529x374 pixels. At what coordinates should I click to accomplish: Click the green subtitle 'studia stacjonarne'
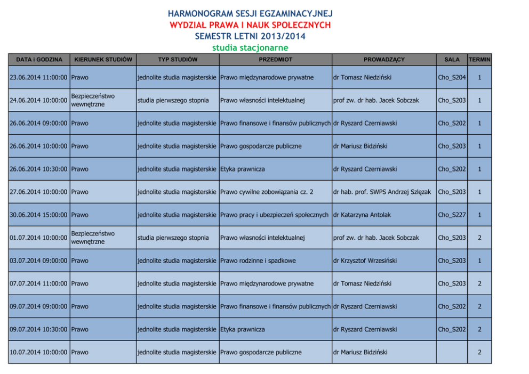coord(250,48)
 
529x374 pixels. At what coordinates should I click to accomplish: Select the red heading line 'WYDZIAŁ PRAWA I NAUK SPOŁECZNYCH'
coord(250,25)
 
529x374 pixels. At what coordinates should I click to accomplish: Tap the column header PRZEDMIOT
coord(275,60)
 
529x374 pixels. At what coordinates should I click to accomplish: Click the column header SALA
coord(452,60)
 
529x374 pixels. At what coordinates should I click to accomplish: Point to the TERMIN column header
coord(479,60)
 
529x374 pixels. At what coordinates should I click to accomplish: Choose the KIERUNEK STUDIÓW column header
coord(103,60)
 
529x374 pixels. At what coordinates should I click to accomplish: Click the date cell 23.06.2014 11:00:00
coord(39,78)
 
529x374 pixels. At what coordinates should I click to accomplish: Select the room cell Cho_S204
coord(452,78)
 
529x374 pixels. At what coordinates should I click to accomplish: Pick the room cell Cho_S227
coord(452,215)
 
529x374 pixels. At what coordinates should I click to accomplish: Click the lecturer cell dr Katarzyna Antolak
coord(362,215)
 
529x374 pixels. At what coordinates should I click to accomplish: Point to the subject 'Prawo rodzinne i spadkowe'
coord(258,261)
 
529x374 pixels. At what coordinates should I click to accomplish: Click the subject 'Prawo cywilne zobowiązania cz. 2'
coord(267,192)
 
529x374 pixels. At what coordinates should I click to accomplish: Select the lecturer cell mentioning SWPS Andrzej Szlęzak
coord(382,192)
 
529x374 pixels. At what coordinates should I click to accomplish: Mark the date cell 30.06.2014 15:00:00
coord(39,215)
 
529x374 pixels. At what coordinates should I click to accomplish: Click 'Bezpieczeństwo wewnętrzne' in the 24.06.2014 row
coord(93,100)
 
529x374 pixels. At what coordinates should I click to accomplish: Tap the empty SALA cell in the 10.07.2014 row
coord(452,352)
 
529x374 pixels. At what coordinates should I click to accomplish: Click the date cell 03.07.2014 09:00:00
coord(39,261)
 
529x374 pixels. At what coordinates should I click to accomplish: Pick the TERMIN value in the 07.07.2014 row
coord(479,283)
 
